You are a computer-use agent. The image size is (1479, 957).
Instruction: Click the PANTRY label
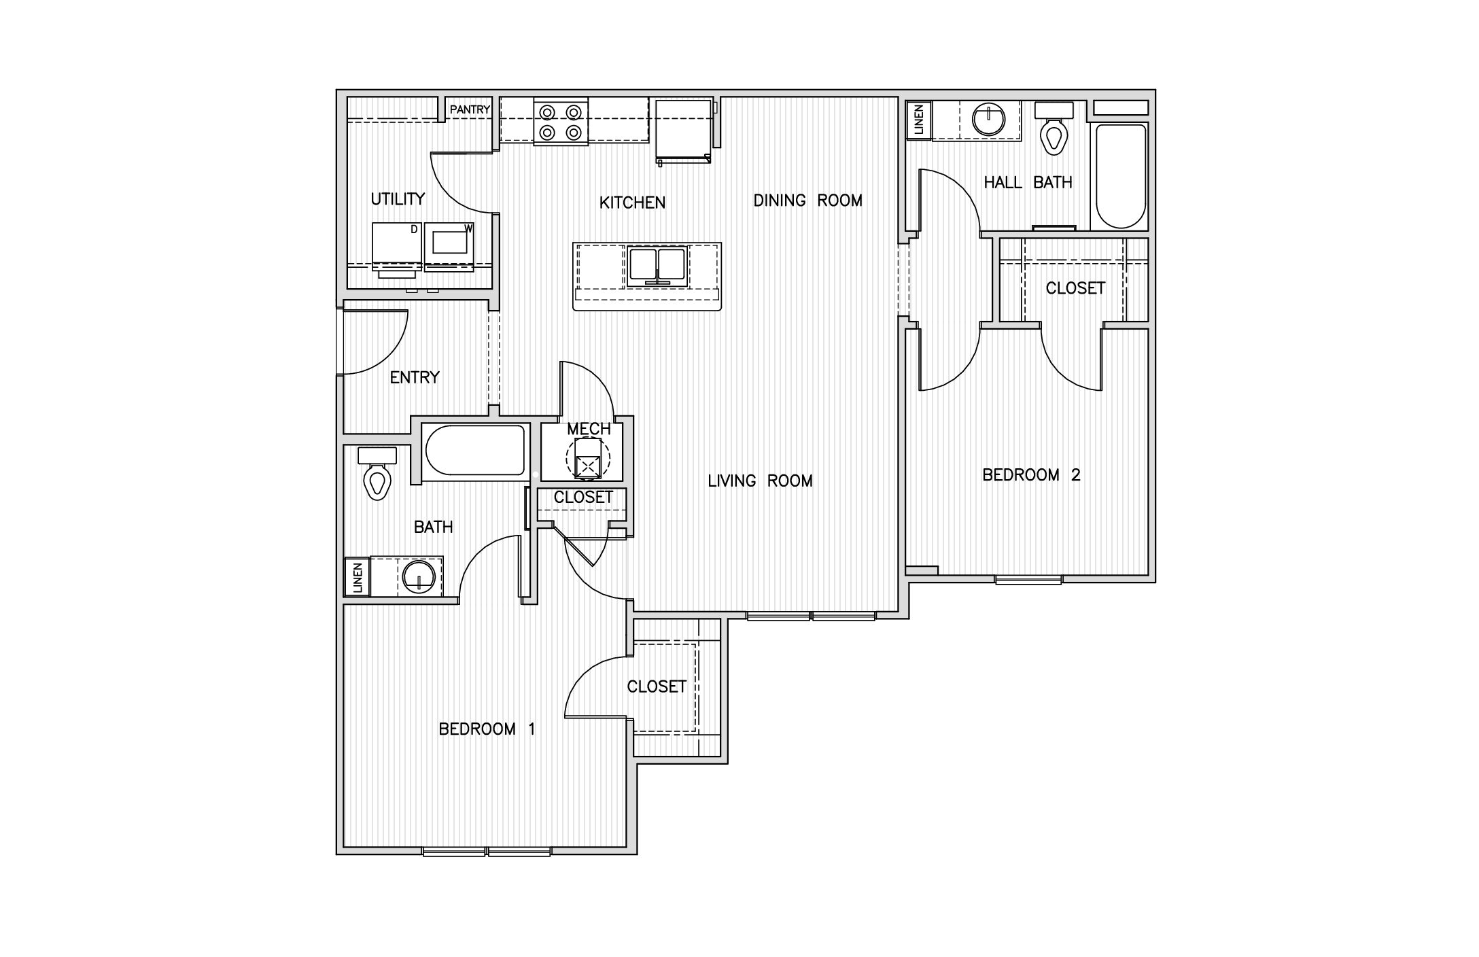point(470,109)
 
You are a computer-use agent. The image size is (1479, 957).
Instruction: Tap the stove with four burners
point(561,121)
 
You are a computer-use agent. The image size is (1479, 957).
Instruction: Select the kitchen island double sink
point(657,266)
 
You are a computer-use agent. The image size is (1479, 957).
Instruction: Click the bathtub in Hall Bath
point(1119,176)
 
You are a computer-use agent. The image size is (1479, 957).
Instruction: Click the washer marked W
point(449,246)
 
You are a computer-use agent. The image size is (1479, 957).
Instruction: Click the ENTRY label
point(415,377)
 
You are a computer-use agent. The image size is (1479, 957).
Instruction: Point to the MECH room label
point(589,429)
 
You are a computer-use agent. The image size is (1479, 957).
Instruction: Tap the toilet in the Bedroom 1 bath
point(377,472)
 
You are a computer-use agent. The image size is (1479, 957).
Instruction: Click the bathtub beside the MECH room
point(474,450)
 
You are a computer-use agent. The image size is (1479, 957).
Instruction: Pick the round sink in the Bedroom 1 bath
point(419,578)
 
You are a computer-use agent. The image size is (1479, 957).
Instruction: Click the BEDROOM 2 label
point(1031,474)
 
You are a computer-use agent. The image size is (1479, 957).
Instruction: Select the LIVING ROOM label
point(760,481)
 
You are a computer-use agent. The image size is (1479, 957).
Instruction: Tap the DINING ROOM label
point(807,201)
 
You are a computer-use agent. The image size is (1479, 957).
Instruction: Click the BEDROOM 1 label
point(487,729)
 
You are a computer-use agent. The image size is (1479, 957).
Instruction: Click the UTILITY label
point(398,199)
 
